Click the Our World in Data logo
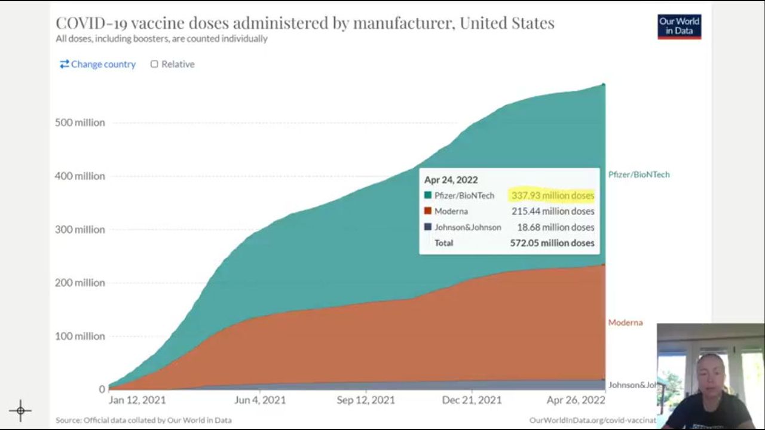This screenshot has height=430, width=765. click(679, 26)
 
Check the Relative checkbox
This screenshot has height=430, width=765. click(154, 64)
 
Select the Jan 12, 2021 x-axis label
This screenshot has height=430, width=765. click(137, 400)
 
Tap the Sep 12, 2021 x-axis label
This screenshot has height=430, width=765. click(366, 400)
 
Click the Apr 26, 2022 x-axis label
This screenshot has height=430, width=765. click(576, 400)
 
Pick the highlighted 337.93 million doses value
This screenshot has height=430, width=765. click(552, 195)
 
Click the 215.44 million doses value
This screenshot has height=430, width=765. click(552, 211)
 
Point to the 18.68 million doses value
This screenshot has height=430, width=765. click(555, 228)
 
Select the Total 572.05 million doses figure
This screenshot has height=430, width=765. click(552, 243)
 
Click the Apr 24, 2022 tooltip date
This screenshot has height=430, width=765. click(451, 180)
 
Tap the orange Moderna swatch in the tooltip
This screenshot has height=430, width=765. click(428, 211)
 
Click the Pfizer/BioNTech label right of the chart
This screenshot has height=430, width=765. click(639, 174)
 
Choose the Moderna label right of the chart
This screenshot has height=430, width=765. click(625, 322)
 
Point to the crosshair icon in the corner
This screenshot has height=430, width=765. click(20, 410)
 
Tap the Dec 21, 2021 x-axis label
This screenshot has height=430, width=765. click(472, 400)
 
